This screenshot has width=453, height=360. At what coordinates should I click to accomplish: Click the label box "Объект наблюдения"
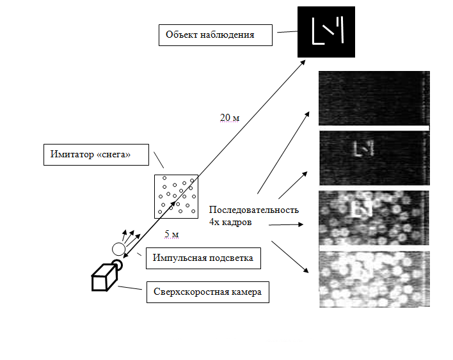(x=216, y=35)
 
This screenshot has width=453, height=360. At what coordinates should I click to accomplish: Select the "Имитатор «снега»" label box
(x=96, y=155)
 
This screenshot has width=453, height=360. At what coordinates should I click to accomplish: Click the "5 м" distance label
(x=171, y=234)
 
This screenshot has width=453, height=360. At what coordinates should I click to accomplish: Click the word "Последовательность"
(x=253, y=210)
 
